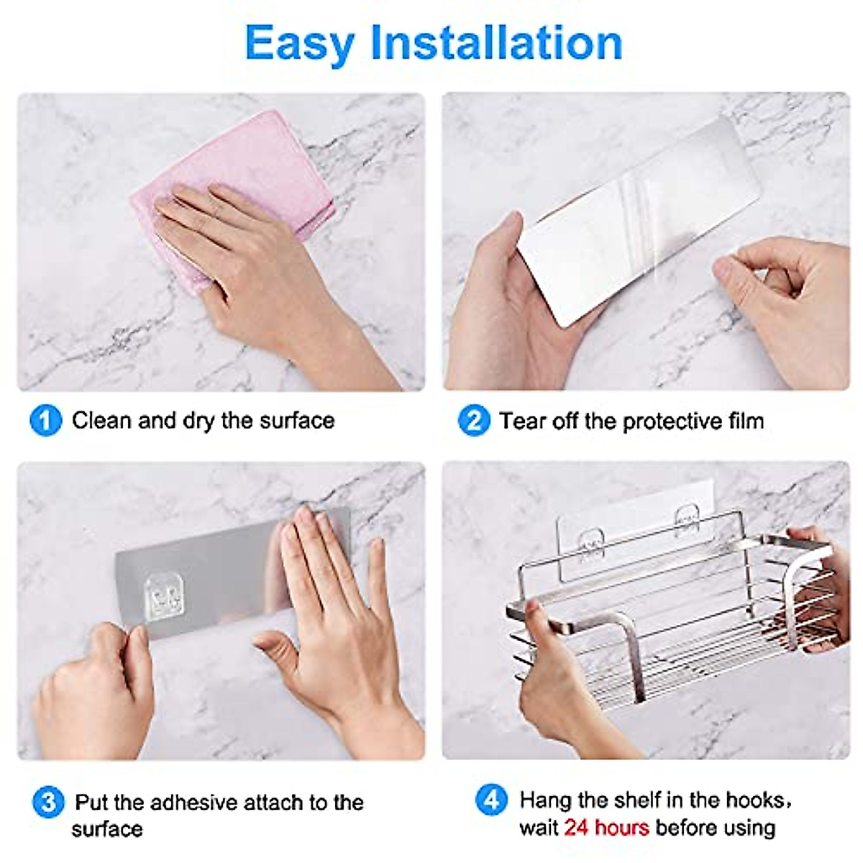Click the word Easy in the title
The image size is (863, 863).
301,43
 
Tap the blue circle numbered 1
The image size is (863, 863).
45,420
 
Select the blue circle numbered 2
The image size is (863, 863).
473,420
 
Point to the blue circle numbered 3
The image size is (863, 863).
48,801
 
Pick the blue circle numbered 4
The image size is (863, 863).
492,800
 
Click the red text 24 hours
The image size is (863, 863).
606,828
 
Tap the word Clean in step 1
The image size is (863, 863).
101,420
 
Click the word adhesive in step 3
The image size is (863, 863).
194,801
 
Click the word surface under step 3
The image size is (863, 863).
106,828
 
